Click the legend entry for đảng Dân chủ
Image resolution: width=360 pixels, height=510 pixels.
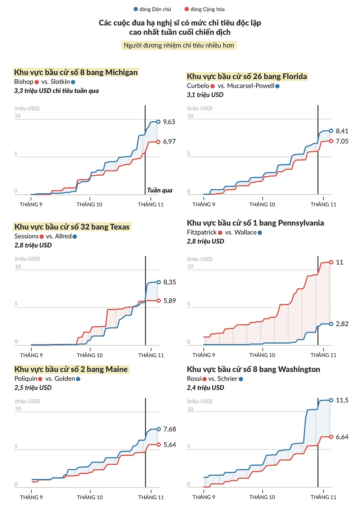(x=152, y=9)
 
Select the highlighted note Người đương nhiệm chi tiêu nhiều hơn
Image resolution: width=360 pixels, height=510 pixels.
(x=179, y=45)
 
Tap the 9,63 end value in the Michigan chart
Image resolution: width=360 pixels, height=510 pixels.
(x=169, y=122)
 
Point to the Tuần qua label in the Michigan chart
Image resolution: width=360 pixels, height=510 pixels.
(x=159, y=190)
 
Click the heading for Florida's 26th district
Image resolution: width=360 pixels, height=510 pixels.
(x=247, y=76)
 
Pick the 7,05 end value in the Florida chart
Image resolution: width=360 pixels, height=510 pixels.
(x=342, y=141)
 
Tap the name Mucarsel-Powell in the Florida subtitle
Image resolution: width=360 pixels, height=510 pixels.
(x=251, y=86)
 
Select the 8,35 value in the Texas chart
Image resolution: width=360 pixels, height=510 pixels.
(x=170, y=282)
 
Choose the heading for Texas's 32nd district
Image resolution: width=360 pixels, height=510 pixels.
(x=72, y=227)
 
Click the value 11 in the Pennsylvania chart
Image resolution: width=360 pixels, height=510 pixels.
(x=339, y=262)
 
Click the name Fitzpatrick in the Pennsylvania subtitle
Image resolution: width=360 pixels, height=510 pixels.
(x=202, y=233)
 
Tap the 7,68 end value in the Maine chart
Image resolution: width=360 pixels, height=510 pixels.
(x=170, y=429)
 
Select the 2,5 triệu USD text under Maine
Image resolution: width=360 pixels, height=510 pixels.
(x=33, y=388)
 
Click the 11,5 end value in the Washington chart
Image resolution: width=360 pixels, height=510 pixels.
(x=342, y=401)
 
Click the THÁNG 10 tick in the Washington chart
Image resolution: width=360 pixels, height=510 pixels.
(x=262, y=497)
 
